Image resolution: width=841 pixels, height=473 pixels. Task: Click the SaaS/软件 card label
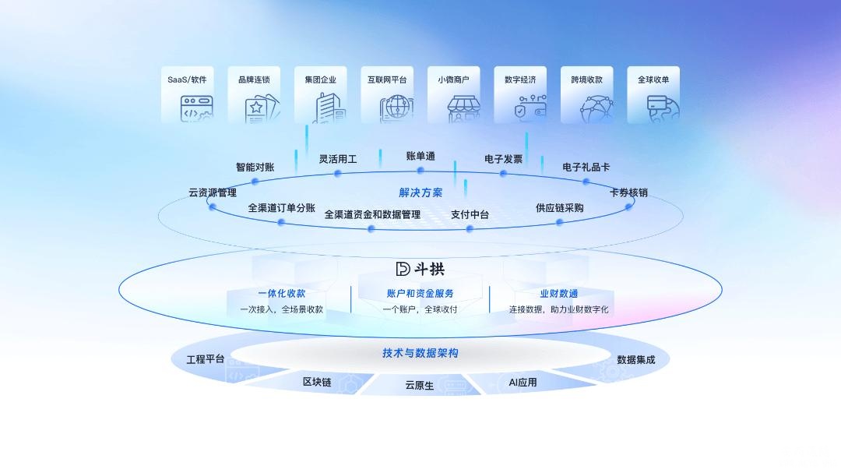tap(187, 79)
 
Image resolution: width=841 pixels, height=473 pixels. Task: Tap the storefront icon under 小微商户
tap(464, 108)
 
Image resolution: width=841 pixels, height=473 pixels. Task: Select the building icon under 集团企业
tap(329, 108)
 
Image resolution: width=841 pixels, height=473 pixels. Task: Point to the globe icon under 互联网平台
tap(397, 108)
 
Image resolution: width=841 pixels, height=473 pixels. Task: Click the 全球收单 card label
tap(653, 79)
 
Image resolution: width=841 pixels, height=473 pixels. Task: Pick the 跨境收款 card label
tap(587, 79)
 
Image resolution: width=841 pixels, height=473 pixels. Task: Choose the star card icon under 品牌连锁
tap(262, 109)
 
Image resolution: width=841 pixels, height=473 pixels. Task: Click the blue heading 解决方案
tap(420, 192)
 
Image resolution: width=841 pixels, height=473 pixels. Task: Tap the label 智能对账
tap(255, 167)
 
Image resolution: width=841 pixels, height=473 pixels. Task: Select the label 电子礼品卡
tap(586, 167)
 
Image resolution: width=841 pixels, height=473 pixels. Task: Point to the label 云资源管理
tap(213, 192)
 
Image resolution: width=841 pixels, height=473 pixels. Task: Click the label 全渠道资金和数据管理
tap(372, 214)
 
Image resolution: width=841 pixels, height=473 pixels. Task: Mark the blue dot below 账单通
tap(420, 170)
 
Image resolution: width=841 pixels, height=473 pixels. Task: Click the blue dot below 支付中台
tap(470, 229)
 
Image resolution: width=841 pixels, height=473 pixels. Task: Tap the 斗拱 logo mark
tap(403, 268)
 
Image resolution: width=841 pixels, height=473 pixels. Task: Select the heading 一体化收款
tap(282, 293)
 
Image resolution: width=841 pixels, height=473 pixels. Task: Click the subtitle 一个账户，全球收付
tap(420, 309)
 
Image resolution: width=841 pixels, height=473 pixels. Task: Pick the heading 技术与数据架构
tap(420, 353)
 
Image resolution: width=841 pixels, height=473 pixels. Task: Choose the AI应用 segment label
tap(523, 383)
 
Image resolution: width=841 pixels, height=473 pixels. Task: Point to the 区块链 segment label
tap(317, 382)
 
